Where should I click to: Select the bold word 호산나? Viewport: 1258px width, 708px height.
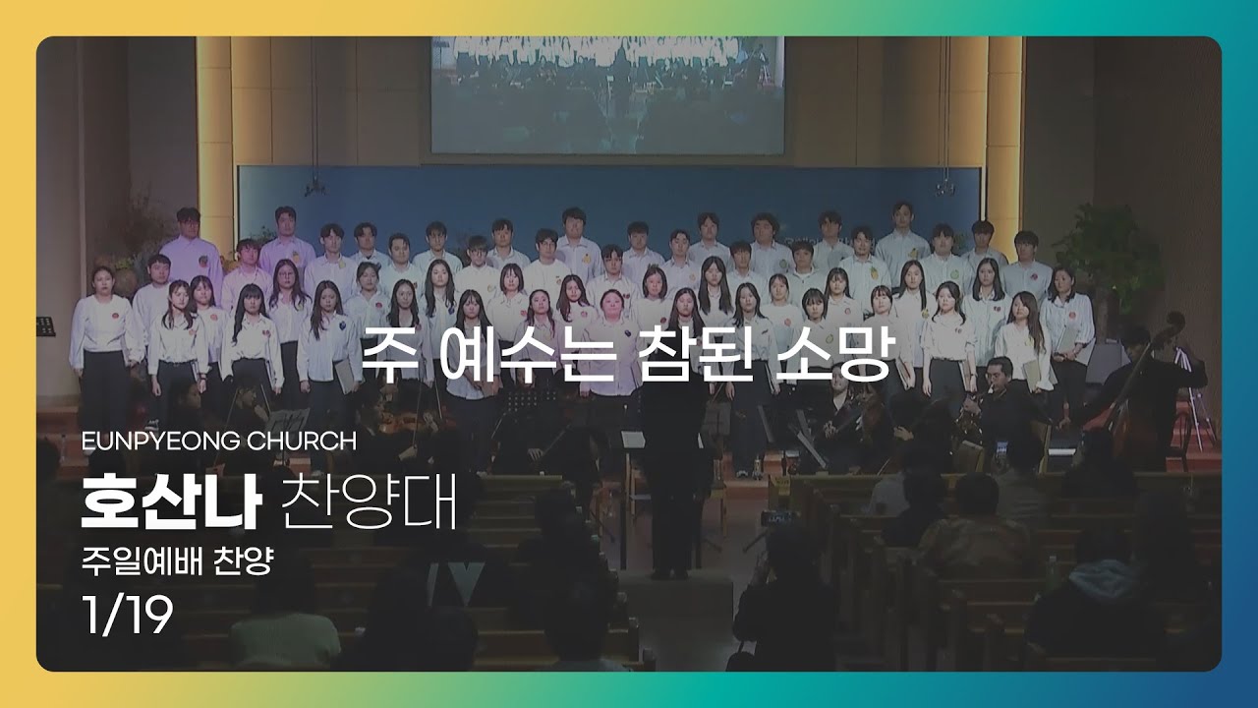coord(172,501)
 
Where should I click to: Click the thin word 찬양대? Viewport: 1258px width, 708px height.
coord(369,501)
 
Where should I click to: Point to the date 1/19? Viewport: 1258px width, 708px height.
coord(128,615)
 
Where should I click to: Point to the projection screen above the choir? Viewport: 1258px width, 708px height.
coord(607,94)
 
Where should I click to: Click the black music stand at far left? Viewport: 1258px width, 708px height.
coord(45,326)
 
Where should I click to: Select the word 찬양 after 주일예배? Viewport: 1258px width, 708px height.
coord(243,561)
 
